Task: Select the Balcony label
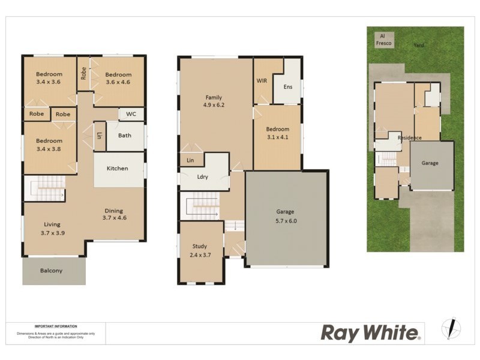click(51, 271)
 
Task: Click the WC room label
click(131, 113)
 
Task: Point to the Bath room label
click(125, 136)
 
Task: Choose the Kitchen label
click(118, 169)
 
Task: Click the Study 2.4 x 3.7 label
click(200, 250)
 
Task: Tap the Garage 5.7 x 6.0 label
click(286, 216)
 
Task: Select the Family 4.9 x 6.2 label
click(214, 101)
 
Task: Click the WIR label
click(262, 80)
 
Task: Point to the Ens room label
click(288, 87)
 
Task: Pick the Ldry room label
click(202, 177)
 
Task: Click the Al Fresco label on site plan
click(382, 40)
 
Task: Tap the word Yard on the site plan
click(419, 45)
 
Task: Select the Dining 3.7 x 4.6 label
click(114, 214)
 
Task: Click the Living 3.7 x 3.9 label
click(52, 229)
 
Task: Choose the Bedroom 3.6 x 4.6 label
click(118, 79)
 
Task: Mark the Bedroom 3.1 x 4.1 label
click(277, 133)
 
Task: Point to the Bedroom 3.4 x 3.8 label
click(49, 145)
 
